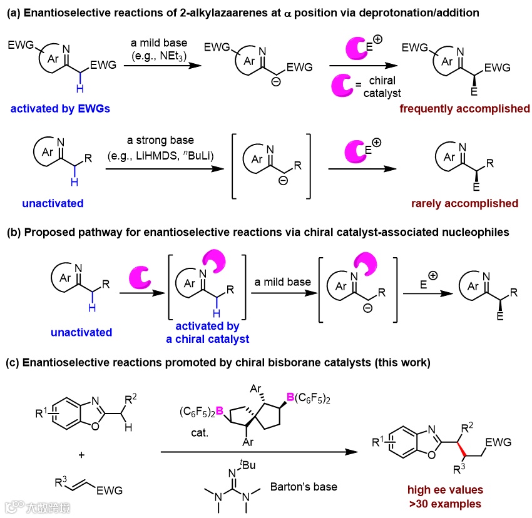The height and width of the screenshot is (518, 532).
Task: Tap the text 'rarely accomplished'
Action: point(464,203)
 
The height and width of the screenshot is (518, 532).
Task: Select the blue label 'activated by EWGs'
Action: point(59,109)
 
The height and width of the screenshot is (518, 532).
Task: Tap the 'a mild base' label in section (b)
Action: point(282,282)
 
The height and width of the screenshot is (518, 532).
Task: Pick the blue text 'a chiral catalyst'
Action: point(207,339)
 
